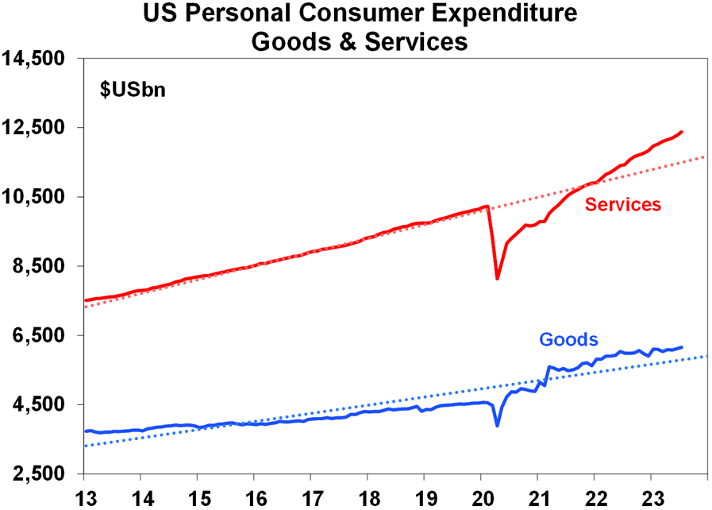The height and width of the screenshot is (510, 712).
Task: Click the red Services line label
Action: pos(622,205)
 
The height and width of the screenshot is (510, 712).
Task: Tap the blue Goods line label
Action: pos(568,340)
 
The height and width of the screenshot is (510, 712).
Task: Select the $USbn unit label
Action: pos(132,90)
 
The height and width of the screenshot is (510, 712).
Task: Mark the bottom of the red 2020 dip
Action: pos(497,278)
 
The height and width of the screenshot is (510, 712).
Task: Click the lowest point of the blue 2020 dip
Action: pos(497,426)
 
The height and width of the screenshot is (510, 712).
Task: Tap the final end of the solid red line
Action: pos(683,132)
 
